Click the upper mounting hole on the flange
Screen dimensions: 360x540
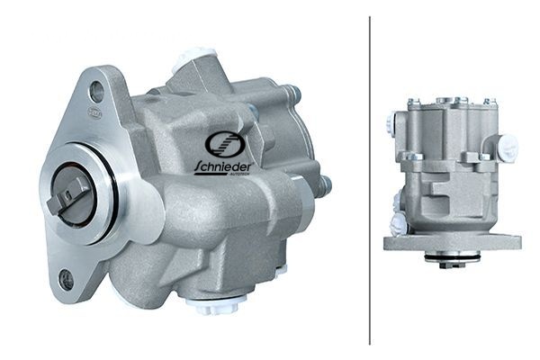(x=97, y=91)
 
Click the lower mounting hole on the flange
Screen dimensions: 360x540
(x=67, y=279)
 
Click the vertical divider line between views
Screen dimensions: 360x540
(x=370, y=180)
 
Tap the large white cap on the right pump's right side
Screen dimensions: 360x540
(x=508, y=143)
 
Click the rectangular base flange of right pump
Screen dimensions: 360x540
(x=453, y=242)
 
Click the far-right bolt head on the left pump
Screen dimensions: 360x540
(x=324, y=185)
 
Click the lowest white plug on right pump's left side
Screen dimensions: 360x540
(x=398, y=225)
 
